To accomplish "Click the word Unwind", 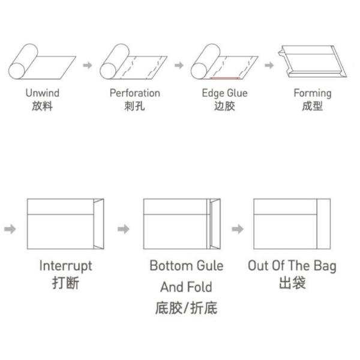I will click(x=42, y=93).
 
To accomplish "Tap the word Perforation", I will click(x=134, y=93).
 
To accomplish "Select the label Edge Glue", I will click(x=224, y=93).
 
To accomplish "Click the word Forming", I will click(x=312, y=93).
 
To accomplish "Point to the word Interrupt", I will click(x=65, y=266).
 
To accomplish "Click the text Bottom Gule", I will click(x=186, y=266).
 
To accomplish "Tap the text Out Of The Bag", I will click(x=292, y=266).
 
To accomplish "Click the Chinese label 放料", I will click(x=42, y=107).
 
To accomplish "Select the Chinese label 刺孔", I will click(x=134, y=107).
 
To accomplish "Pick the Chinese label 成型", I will click(x=312, y=107).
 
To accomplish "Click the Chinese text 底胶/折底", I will click(x=186, y=308).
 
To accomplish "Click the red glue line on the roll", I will click(x=225, y=77).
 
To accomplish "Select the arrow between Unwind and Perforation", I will click(x=88, y=64).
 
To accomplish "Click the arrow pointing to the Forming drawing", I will click(x=269, y=64).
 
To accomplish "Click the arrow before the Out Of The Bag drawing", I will click(x=238, y=229).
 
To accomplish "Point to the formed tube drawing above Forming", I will click(x=312, y=62).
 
